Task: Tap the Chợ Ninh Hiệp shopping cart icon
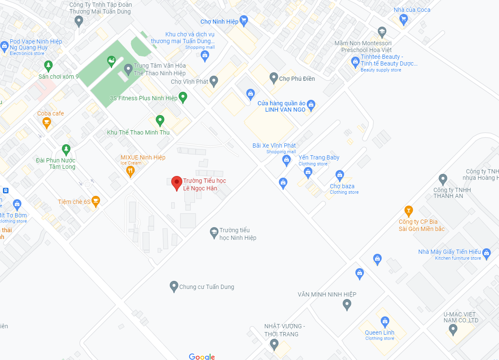pyautogui.click(x=243, y=19)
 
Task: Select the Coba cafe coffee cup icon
pyautogui.click(x=47, y=123)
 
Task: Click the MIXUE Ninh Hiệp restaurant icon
pyautogui.click(x=130, y=171)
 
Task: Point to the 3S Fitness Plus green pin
pyautogui.click(x=183, y=97)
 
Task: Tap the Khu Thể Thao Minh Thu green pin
pyautogui.click(x=160, y=121)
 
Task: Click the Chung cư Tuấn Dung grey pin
pyautogui.click(x=173, y=286)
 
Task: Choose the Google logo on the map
pyautogui.click(x=202, y=357)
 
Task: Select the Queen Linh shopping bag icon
pyautogui.click(x=385, y=322)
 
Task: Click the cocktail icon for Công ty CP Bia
pyautogui.click(x=409, y=210)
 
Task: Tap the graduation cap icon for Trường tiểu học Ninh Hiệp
pyautogui.click(x=214, y=232)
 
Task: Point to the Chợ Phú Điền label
pyautogui.click(x=297, y=79)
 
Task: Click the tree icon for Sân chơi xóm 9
pyautogui.click(x=48, y=66)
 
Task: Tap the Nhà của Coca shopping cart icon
pyautogui.click(x=403, y=19)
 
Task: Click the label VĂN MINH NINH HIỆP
pyautogui.click(x=327, y=294)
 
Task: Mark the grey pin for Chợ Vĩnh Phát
pyautogui.click(x=214, y=81)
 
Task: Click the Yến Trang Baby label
pyautogui.click(x=319, y=157)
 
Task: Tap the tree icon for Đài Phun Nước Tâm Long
pyautogui.click(x=66, y=149)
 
